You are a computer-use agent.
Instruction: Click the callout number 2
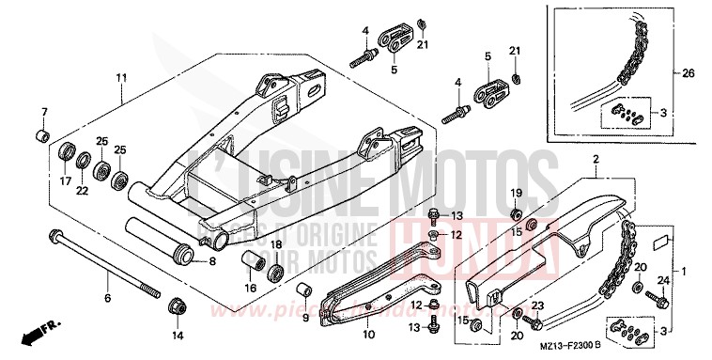pos(595,161)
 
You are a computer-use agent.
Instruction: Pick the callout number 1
pos(696,272)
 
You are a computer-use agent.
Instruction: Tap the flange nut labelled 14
pos(177,307)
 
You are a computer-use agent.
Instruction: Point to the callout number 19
pos(516,193)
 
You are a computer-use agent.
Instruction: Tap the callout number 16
pos(250,287)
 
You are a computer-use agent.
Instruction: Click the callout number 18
pos(276,245)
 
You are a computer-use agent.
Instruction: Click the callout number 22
pos(83,191)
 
